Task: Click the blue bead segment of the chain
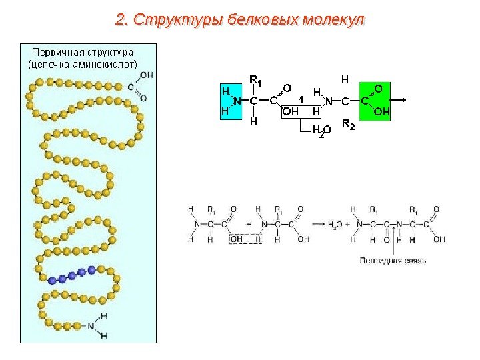[76, 274]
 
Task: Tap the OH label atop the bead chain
[146, 75]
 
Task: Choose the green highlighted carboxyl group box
[375, 101]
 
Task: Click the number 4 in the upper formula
[301, 98]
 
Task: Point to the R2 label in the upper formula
[348, 125]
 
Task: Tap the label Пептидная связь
[393, 260]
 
